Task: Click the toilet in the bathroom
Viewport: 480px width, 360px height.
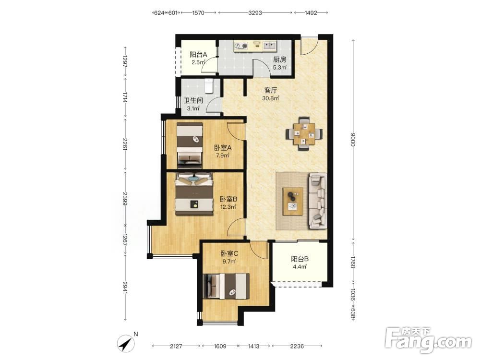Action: [209, 86]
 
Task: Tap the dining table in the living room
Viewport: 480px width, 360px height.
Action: [304, 134]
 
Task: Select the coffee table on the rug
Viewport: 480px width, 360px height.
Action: [293, 201]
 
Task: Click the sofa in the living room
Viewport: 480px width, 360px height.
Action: [317, 201]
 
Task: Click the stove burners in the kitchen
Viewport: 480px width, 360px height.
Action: [240, 46]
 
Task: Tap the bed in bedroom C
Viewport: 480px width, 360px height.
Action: [226, 286]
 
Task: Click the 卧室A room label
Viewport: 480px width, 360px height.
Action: [223, 148]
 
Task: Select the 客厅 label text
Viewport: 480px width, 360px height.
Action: [271, 90]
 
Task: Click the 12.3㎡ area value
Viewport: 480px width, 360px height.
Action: [228, 207]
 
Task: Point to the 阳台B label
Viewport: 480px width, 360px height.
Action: [300, 259]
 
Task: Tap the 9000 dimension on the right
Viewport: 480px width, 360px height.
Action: [353, 140]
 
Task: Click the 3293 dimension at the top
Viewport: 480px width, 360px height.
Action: [255, 13]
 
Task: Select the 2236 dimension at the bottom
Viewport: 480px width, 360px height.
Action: [297, 346]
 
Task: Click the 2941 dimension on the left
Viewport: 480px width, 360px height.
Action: [125, 288]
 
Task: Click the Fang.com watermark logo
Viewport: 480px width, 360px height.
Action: [428, 339]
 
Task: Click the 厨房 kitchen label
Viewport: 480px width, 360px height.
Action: [279, 60]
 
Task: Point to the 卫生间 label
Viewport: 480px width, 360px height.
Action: [193, 101]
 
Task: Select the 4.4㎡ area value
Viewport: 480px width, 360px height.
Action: [300, 266]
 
